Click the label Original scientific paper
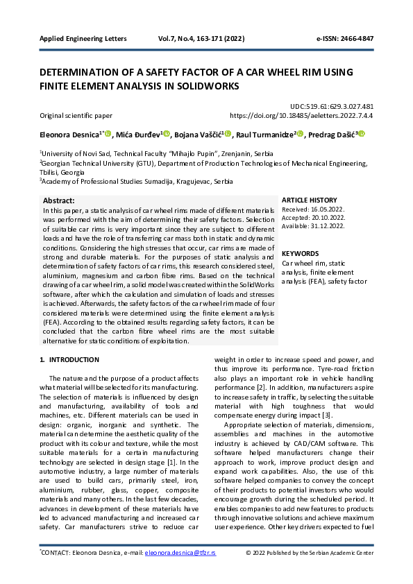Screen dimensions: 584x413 [x=76, y=116]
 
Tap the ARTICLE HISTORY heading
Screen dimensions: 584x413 [x=310, y=200]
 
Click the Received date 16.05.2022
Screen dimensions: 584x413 [x=323, y=208]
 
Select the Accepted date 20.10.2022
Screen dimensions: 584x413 [x=323, y=216]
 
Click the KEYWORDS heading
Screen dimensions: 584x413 [x=301, y=254]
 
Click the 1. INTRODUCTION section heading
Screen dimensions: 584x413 [x=69, y=360]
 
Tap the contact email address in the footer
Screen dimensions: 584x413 [x=180, y=553]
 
